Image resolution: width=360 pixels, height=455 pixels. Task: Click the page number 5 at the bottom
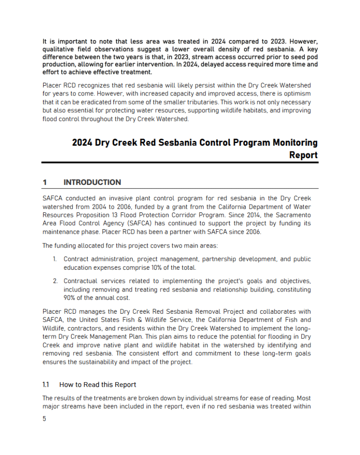44,419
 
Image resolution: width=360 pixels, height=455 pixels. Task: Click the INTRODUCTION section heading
92,182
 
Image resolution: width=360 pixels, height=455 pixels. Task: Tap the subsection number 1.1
45,384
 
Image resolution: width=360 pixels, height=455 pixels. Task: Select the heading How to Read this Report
97,384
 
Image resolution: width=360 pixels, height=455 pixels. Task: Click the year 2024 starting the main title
82,143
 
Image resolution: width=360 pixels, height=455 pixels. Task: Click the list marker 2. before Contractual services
56,281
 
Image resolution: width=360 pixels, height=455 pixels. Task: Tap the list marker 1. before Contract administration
56,259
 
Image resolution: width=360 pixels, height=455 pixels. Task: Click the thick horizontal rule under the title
180,163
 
